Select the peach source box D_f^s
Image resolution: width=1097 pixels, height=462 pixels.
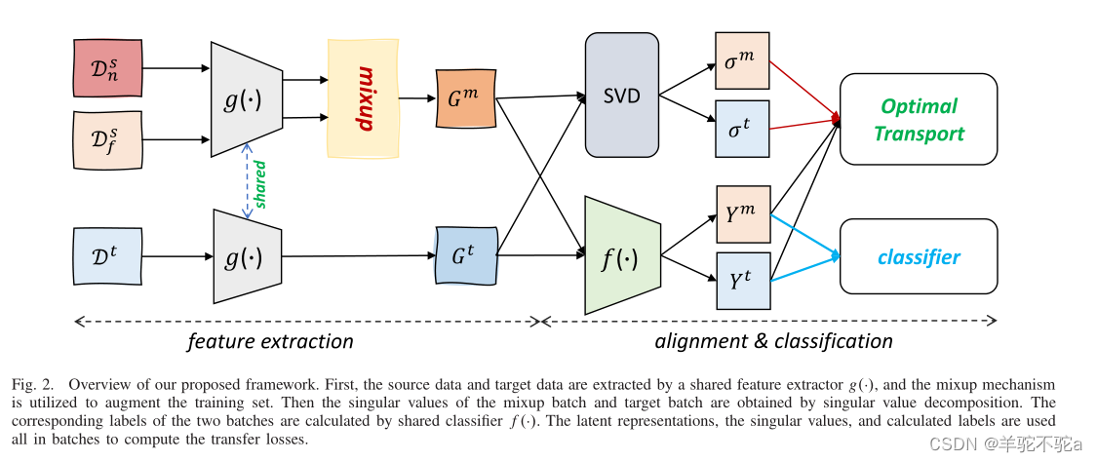pos(107,139)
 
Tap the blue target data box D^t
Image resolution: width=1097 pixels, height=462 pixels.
pos(107,256)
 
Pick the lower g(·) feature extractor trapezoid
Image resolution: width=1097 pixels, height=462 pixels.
pos(246,257)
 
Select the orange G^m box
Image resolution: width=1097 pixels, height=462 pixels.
pos(466,98)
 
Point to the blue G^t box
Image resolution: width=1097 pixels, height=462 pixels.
pos(466,255)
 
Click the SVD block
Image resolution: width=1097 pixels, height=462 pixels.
pos(621,95)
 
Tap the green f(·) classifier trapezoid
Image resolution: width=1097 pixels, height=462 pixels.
pos(622,256)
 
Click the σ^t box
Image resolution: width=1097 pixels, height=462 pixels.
pos(742,129)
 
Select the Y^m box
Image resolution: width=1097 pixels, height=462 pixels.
pos(742,213)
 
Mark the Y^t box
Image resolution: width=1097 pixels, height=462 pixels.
pos(742,281)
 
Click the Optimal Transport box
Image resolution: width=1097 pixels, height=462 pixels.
pos(918,119)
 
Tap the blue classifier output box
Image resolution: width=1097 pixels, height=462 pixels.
pos(918,257)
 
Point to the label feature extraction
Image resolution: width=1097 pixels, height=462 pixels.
pos(270,341)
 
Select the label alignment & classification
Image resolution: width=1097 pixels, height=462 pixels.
pos(773,341)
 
